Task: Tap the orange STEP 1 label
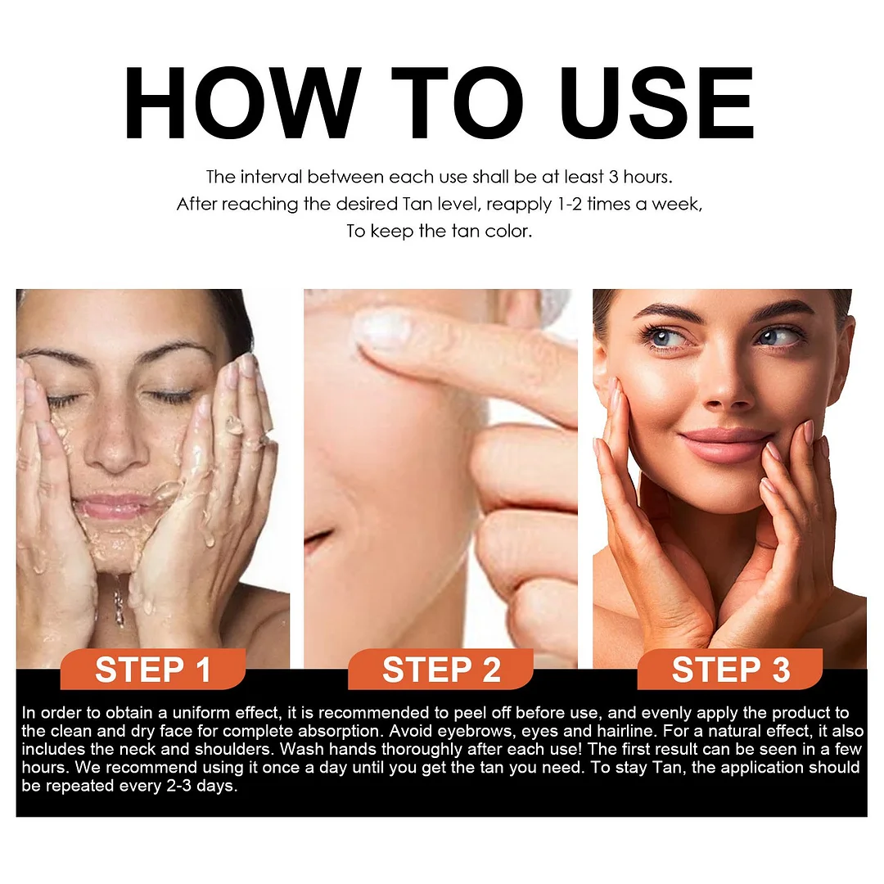coord(153,670)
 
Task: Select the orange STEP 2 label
coord(441,670)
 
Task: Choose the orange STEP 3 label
coord(730,670)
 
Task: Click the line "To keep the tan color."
coord(440,231)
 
